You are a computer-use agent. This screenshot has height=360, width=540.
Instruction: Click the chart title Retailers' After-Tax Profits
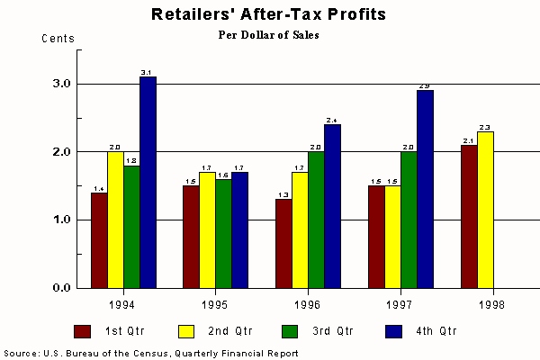[270, 14]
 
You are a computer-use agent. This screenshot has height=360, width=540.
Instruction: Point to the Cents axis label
[58, 39]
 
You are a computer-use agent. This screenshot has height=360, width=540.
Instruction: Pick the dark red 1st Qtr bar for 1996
[283, 243]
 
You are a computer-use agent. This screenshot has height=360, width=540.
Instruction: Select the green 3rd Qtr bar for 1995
[224, 233]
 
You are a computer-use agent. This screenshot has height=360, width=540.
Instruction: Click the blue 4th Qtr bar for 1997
[425, 189]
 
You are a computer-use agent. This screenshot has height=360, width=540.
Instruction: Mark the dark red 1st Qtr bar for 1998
[469, 216]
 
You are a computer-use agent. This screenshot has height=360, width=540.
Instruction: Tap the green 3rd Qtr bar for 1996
[316, 220]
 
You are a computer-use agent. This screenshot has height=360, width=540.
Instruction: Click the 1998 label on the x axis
[491, 303]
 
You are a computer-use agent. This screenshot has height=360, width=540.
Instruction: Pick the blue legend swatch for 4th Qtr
[367, 331]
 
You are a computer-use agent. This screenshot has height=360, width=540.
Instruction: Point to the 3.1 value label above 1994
[148, 71]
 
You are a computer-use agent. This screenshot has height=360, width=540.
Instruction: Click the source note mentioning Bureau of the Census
[151, 353]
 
